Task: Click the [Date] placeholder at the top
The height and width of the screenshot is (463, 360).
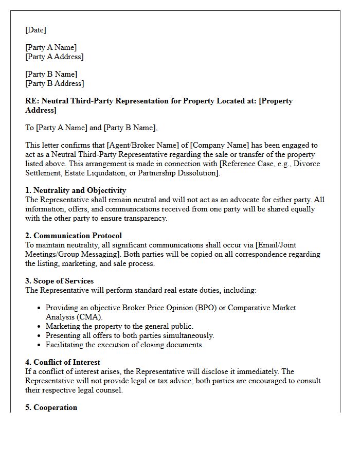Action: point(35,30)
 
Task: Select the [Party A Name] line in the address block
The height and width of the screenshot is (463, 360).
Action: point(51,47)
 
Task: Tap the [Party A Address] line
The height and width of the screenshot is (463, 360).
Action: point(54,57)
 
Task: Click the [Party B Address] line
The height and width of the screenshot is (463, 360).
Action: point(54,83)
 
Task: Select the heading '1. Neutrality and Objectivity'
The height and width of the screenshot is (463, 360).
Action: point(76,190)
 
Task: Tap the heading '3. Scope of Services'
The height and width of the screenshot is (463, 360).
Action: point(60,281)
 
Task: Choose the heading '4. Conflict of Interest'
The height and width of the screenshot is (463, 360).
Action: point(63,362)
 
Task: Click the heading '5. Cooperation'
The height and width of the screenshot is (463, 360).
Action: point(51,407)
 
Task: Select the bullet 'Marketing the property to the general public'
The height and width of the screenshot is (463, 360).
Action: point(119,326)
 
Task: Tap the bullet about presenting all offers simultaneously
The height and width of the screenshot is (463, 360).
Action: point(130,335)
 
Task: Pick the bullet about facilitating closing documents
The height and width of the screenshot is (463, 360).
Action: point(124,345)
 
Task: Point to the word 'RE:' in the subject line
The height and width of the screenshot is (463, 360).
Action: point(32,101)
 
